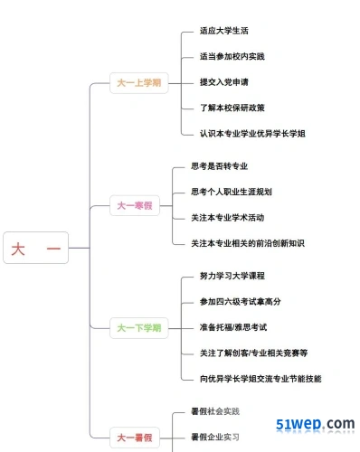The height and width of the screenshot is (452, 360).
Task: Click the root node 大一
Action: click(36, 248)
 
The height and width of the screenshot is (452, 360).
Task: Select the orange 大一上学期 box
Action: click(139, 83)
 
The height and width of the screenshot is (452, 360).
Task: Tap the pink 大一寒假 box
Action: click(135, 205)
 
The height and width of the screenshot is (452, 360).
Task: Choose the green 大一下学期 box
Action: click(139, 328)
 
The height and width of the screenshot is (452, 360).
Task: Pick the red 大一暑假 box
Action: click(135, 438)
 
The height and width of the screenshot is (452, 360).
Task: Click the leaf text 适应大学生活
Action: click(224, 31)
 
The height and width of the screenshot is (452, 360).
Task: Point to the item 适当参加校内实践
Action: click(232, 56)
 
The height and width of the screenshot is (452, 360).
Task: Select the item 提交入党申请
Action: click(224, 82)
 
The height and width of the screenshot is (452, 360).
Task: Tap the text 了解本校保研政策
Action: click(232, 108)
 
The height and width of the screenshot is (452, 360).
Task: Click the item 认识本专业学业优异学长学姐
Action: click(252, 134)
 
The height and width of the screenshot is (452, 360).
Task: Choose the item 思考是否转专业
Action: click(220, 166)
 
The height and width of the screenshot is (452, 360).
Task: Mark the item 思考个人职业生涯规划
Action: click(232, 192)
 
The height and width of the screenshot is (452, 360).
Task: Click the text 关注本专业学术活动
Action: click(228, 217)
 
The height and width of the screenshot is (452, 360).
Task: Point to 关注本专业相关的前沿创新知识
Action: click(248, 243)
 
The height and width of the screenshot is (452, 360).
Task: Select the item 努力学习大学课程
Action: click(232, 276)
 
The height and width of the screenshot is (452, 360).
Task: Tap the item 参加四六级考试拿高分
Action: click(241, 301)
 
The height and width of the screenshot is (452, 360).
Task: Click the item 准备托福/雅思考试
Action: click(233, 327)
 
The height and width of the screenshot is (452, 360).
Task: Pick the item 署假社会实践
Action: click(215, 411)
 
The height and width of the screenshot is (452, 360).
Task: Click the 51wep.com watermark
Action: click(316, 424)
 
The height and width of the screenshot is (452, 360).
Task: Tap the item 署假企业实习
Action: click(215, 437)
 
